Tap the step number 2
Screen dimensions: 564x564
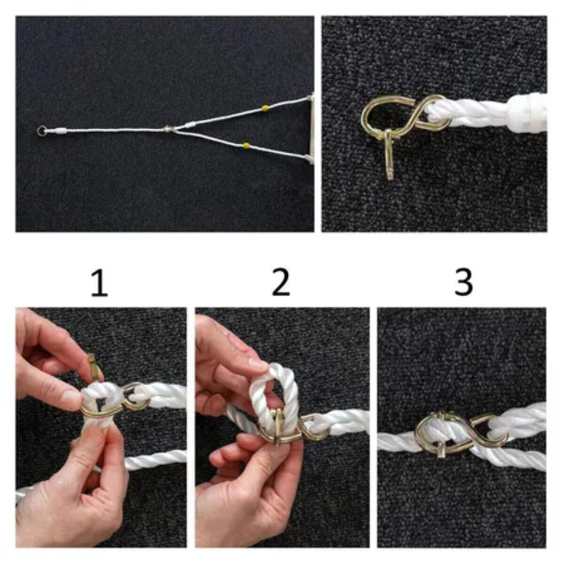[281, 283]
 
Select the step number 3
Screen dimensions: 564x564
[463, 283]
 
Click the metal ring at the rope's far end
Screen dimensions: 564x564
[41, 131]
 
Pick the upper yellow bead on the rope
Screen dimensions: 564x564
[265, 109]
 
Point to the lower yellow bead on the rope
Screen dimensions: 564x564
[247, 145]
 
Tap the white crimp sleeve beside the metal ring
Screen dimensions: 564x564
[61, 131]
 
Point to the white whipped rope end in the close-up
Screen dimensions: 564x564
[527, 113]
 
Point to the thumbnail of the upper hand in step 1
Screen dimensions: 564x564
[70, 397]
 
